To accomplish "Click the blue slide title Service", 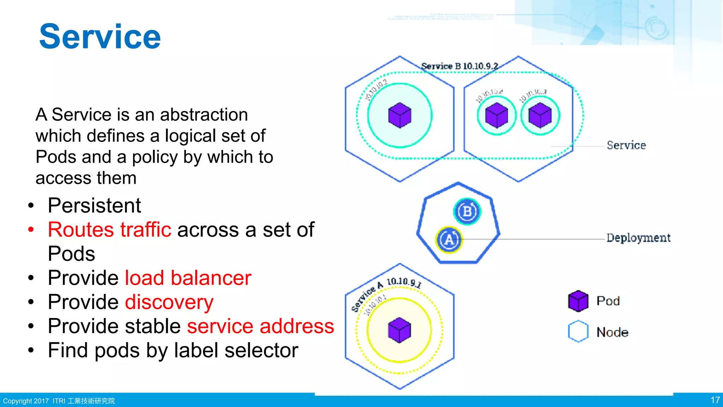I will point(100,37).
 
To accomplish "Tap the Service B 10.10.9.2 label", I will point(459,66).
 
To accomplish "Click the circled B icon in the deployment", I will point(467,211).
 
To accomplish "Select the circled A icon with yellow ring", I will point(449,240).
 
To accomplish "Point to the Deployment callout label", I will point(638,238).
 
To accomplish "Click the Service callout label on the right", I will point(626,145).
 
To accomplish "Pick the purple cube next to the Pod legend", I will point(578,301).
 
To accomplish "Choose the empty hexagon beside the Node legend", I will point(578,331).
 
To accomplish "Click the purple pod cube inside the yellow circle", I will point(399,330).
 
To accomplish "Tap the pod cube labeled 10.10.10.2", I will point(400,115).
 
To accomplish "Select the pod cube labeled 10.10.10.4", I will point(496,115).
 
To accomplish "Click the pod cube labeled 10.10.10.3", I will point(540,115).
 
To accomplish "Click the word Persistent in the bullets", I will point(94,206).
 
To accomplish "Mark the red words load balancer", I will point(188,278).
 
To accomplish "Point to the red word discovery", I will point(169,302).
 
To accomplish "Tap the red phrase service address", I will point(260,326).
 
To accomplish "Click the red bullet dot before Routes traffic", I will point(31,230).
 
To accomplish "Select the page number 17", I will point(715,400).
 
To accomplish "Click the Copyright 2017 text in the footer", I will point(26,401).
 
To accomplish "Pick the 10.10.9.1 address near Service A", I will point(404,282).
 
